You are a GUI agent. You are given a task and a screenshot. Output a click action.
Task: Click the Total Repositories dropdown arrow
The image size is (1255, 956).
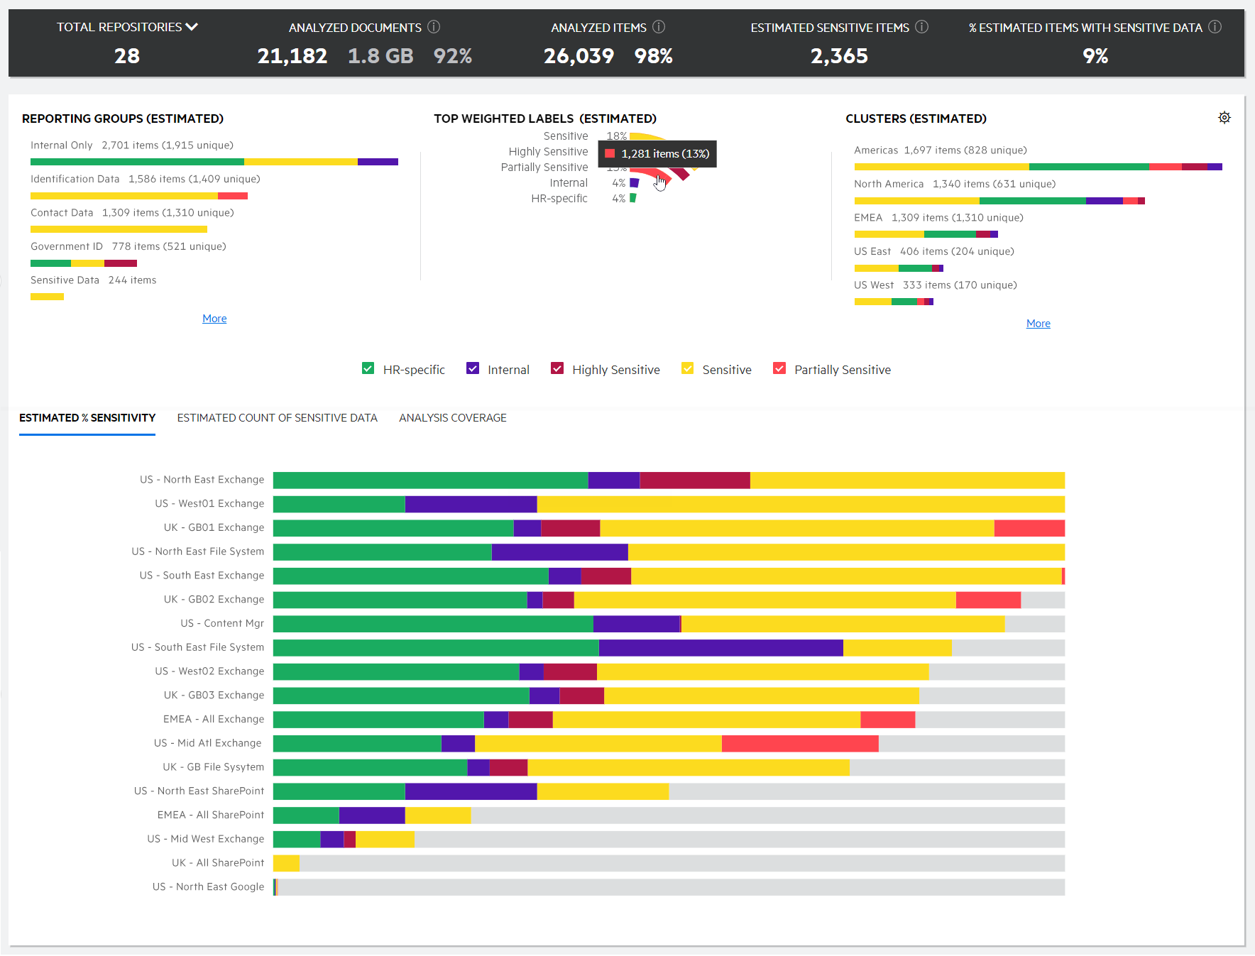(192, 27)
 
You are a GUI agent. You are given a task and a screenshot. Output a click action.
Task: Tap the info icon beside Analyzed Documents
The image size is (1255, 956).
(434, 27)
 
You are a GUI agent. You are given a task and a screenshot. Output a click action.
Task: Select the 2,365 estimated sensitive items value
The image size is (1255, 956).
(839, 56)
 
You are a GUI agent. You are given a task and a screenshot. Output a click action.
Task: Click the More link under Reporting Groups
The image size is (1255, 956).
(214, 319)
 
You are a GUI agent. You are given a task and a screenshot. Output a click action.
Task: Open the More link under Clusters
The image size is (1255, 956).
(1038, 324)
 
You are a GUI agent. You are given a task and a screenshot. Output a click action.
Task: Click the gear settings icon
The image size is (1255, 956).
(1224, 118)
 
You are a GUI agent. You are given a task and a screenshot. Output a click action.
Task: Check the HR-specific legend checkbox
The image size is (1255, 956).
(368, 368)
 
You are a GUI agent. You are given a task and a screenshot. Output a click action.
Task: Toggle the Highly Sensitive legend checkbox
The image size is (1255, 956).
(557, 368)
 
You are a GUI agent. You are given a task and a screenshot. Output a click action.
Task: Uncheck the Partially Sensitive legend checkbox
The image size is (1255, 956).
(779, 368)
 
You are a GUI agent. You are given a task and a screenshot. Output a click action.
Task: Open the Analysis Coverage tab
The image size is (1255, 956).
(452, 418)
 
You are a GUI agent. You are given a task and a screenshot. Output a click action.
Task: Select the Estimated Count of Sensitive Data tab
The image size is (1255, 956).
(277, 418)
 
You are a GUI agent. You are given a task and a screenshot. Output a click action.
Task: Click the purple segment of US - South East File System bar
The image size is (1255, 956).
(720, 647)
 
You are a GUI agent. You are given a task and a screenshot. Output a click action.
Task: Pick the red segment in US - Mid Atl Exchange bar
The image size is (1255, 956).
(800, 743)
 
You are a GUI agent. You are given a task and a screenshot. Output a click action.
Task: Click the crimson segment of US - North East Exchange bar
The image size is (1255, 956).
(694, 480)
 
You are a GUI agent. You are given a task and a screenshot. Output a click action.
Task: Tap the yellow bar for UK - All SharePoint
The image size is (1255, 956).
(286, 863)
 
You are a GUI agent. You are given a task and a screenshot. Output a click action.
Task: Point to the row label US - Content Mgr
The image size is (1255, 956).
(222, 623)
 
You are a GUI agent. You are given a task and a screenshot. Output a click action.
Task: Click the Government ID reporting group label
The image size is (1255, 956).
(67, 246)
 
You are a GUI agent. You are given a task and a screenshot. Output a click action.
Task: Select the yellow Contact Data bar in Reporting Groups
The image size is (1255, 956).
(119, 229)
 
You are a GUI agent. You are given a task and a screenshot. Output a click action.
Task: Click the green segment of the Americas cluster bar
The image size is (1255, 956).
(1089, 167)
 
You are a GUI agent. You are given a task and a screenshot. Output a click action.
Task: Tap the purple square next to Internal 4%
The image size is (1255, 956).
(635, 183)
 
